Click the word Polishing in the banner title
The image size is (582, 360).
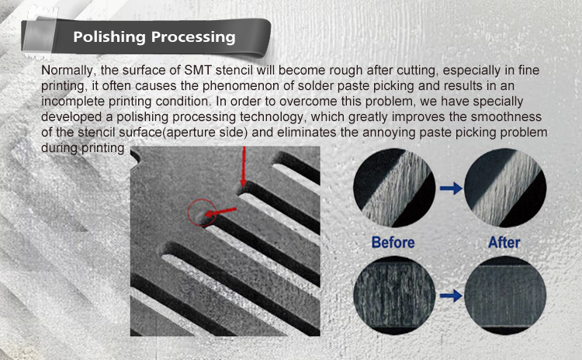(109, 37)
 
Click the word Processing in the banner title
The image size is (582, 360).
(193, 37)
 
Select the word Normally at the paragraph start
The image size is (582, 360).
(68, 71)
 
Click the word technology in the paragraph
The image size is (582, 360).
(273, 117)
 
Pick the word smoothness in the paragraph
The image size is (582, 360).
(506, 117)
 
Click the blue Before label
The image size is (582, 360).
(393, 242)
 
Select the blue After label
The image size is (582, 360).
(504, 242)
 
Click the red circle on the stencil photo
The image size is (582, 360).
(188, 213)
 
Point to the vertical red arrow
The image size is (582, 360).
(244, 167)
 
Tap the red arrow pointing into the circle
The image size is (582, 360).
(220, 213)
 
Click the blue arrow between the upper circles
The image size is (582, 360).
(451, 189)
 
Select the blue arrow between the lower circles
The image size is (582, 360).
(451, 296)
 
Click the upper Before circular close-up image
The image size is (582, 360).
(394, 188)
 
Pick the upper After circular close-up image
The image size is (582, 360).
(505, 188)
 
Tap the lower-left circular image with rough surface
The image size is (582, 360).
(394, 296)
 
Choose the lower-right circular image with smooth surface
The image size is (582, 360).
(505, 296)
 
